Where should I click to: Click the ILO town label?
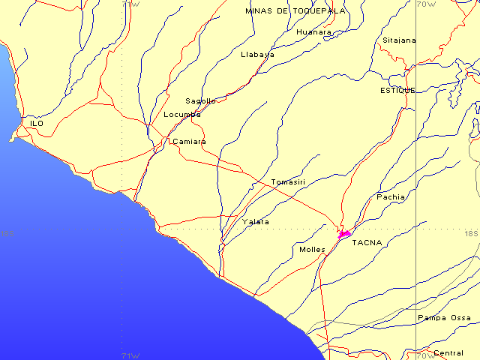pos(37,123)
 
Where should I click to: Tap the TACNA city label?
pos(367,242)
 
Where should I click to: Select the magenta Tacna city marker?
pos(345,235)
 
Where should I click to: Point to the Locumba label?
pos(182,115)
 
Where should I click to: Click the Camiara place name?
pos(189,141)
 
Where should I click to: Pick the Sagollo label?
pos(201,100)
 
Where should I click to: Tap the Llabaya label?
pos(258,55)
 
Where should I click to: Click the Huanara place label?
pos(313,32)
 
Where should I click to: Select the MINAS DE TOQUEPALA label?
pos(295,11)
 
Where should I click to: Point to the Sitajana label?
pos(399,40)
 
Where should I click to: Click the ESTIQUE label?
pos(397,90)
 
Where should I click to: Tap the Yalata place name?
pos(256,222)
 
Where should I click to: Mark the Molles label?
pos(312,249)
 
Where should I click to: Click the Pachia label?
pos(391,196)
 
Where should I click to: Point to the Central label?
pos(448,352)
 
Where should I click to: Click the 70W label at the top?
pos(426,4)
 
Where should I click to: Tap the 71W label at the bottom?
pos(130,355)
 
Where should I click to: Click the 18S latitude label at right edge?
pos(471,233)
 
